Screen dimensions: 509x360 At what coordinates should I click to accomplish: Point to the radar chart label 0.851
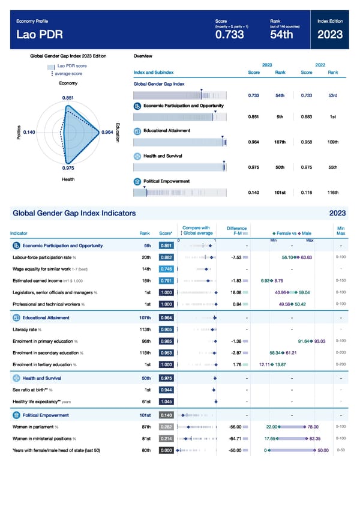(x=68, y=98)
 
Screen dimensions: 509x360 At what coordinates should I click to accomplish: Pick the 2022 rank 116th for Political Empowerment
(x=330, y=193)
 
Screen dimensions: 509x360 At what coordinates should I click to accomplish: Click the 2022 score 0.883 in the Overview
(x=306, y=116)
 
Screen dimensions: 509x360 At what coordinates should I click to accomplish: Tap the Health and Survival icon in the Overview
(x=137, y=156)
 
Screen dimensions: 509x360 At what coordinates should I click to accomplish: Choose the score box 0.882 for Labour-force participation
(x=166, y=257)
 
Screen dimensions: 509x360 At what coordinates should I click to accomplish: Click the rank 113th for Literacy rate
(x=144, y=329)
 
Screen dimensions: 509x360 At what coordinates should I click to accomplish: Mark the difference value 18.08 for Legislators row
(x=236, y=292)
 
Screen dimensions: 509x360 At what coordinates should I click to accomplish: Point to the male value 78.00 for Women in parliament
(x=313, y=427)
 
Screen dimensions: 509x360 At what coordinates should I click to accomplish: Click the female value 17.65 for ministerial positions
(x=271, y=438)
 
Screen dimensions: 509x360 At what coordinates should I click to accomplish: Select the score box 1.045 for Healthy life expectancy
(x=166, y=402)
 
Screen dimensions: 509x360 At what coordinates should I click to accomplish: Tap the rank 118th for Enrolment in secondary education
(x=144, y=352)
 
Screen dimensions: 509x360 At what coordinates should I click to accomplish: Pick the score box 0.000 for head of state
(x=166, y=450)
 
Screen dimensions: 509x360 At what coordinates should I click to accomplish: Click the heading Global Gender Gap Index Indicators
(x=74, y=213)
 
